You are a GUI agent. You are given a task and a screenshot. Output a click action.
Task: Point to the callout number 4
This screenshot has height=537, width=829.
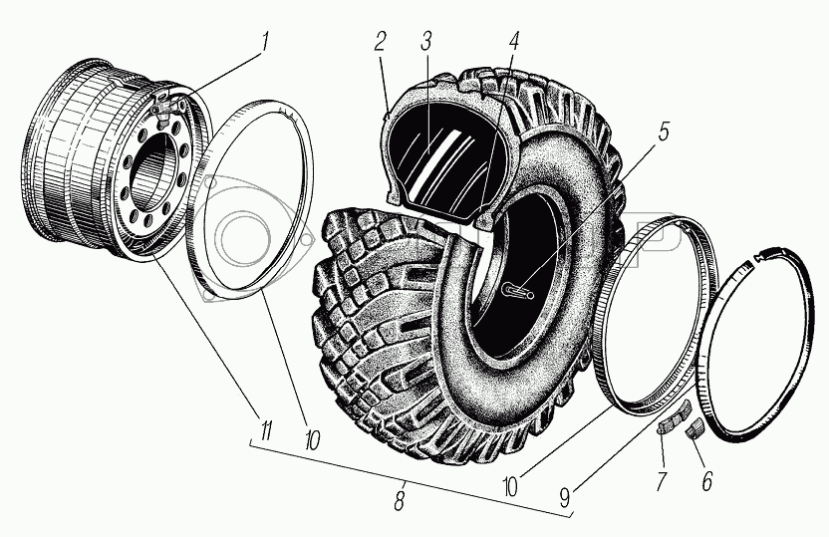tap(514, 45)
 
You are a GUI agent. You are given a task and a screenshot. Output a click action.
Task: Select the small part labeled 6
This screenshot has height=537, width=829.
tap(693, 428)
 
